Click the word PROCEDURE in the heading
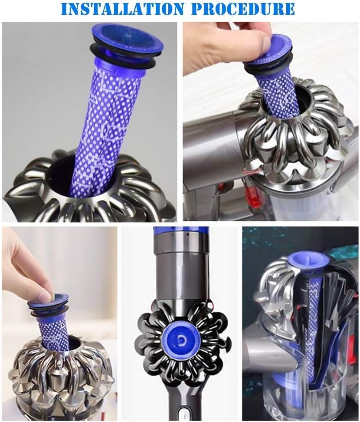click(244, 9)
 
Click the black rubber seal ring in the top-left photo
click(122, 57)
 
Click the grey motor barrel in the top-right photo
click(213, 140)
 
